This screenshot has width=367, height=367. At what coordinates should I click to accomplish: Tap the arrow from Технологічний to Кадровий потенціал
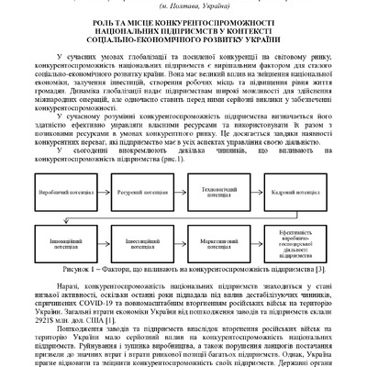[256, 195]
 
